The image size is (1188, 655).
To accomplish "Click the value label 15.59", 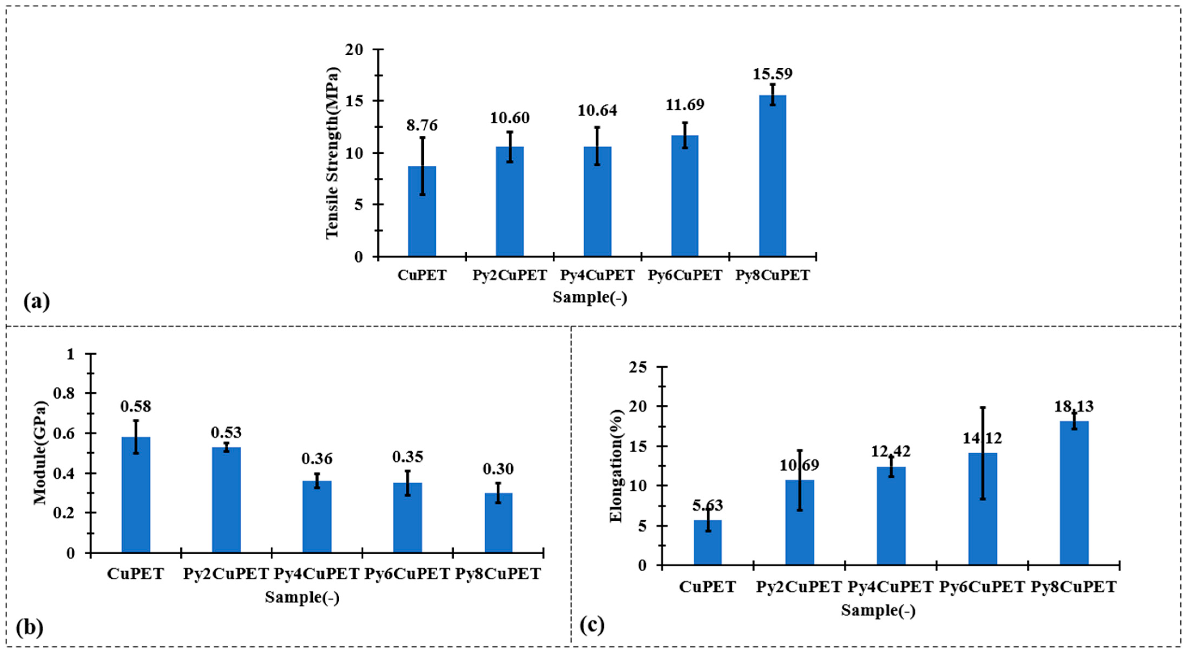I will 772,74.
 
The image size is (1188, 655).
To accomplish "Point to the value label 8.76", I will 421,125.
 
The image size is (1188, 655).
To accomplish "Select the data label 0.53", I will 226,433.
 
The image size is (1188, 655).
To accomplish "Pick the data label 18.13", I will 1074,406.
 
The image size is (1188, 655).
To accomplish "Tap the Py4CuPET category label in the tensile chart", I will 597,275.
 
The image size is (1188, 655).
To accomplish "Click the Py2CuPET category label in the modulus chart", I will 226,574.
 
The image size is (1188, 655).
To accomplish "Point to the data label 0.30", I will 498,469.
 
